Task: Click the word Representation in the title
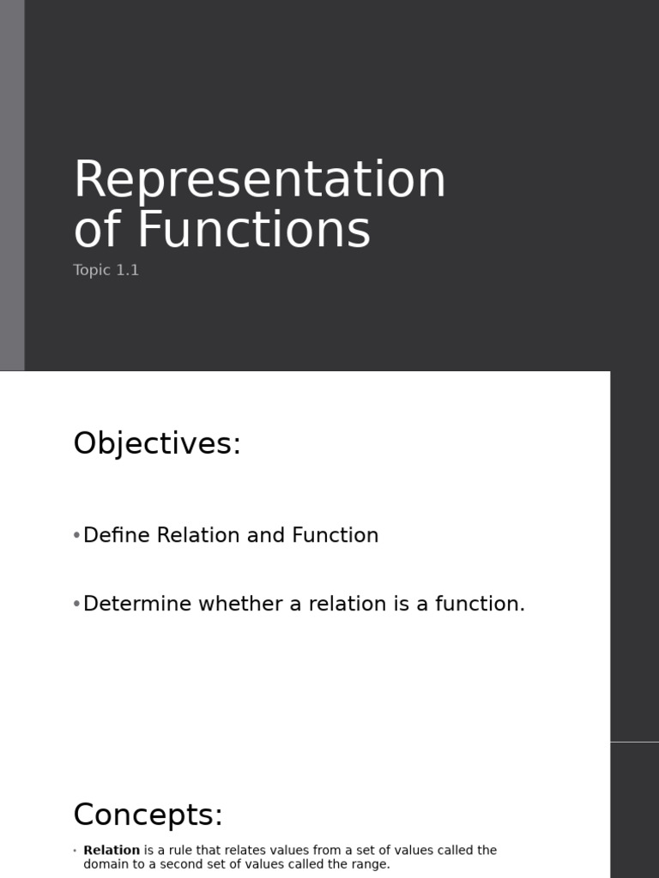coord(259,181)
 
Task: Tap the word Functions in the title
coord(254,230)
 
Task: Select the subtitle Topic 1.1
coord(106,270)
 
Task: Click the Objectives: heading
coord(157,444)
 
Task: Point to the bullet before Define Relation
coord(76,535)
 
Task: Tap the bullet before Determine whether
coord(76,604)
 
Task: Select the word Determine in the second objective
coord(137,604)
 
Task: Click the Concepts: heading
coord(148,815)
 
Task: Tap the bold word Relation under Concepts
coord(112,851)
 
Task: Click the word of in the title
coord(99,230)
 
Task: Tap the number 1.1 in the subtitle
coord(127,270)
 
